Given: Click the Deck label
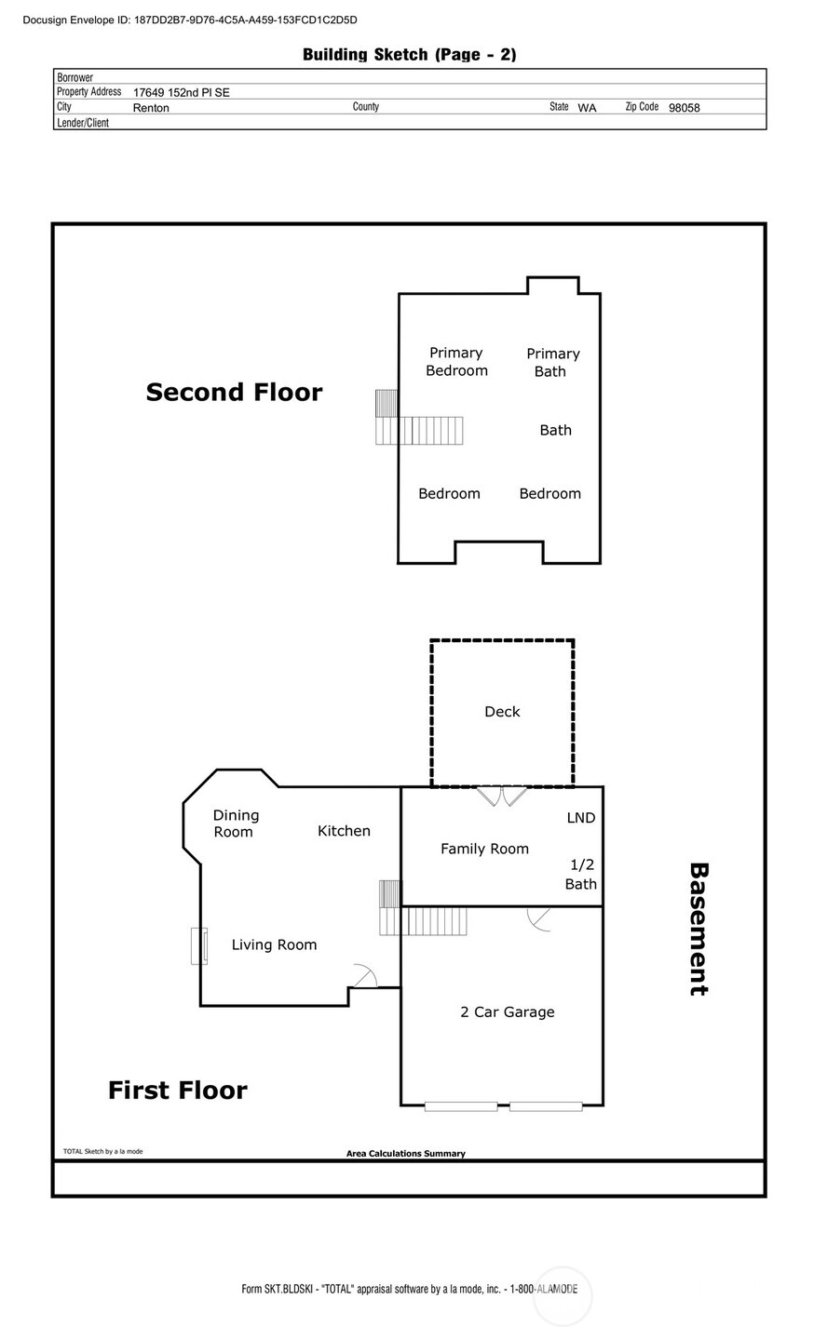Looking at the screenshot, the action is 502,711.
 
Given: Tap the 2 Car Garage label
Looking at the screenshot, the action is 508,1011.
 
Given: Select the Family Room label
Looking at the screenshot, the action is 484,849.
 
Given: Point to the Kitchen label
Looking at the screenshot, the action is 344,830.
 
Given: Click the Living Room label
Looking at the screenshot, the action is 274,944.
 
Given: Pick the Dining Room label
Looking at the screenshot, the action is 236,823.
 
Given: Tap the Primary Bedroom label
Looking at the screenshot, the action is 456,361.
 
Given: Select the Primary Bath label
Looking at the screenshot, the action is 552,362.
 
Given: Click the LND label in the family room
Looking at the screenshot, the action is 581,817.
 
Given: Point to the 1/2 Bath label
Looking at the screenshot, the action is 581,874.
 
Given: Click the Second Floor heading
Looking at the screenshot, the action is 234,392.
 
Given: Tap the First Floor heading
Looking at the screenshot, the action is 178,1091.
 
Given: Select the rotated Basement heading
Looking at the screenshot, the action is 699,929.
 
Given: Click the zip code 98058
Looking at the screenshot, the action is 685,108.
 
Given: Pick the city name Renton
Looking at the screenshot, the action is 151,108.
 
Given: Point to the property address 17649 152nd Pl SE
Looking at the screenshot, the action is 182,92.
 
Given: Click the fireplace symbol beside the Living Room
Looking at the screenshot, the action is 199,945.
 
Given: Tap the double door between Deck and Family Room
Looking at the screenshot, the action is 501,797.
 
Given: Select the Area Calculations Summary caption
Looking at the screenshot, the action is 405,1153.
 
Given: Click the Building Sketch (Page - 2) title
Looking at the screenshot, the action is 409,54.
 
